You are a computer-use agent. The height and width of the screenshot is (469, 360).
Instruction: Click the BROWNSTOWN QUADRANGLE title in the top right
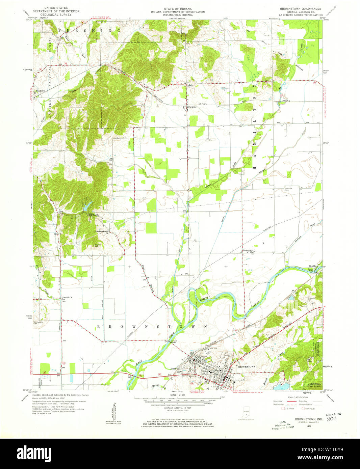pos(301,8)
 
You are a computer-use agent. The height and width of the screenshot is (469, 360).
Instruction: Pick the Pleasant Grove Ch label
pos(103,232)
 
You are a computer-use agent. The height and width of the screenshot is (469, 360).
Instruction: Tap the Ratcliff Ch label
pos(67,298)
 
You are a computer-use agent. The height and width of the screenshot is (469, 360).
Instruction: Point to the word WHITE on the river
pos(204,299)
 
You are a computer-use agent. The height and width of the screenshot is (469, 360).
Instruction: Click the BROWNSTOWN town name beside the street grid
pos(247,366)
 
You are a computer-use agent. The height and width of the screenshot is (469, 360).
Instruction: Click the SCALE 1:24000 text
pos(178,395)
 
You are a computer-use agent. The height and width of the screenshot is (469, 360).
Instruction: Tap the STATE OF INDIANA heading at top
pos(178,8)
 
